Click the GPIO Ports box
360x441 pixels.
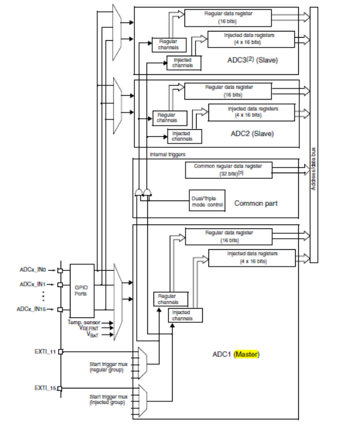[82, 291]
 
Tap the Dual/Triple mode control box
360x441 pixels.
[207, 200]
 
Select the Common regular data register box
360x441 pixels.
[229, 170]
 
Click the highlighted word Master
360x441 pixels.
[247, 354]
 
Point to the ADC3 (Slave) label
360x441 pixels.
[252, 60]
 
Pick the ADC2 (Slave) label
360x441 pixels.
[252, 134]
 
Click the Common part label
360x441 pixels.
[256, 203]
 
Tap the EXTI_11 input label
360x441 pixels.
[45, 351]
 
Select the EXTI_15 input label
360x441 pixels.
[45, 388]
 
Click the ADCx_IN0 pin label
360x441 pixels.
[33, 270]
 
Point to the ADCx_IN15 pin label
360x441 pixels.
[31, 309]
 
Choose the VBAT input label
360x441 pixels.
[93, 335]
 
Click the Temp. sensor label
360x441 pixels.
[84, 322]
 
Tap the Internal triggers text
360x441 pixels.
[168, 155]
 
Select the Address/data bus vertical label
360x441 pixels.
[314, 169]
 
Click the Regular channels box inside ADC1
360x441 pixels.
[171, 299]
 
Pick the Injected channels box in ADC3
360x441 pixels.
[184, 62]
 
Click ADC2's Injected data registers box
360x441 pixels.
[252, 112]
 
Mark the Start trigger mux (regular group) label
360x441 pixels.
[108, 367]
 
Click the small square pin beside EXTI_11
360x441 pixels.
[60, 351]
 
